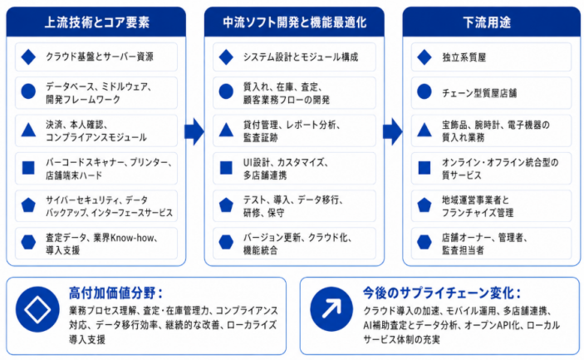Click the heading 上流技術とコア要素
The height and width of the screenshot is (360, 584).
(97, 22)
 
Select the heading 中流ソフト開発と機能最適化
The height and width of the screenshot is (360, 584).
(295, 22)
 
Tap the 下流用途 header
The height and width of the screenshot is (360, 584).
(487, 22)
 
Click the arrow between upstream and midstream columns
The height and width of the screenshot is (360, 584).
(194, 131)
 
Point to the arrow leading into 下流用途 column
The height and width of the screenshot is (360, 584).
(393, 131)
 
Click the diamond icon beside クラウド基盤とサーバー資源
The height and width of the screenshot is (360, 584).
(28, 57)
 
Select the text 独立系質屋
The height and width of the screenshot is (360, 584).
(464, 57)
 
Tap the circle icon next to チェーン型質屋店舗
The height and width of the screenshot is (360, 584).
(425, 91)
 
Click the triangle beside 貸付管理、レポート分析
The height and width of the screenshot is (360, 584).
(226, 130)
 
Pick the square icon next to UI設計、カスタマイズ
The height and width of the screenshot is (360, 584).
(226, 168)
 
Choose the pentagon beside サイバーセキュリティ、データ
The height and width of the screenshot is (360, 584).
(28, 205)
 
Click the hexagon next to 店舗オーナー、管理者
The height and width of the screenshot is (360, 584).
(425, 242)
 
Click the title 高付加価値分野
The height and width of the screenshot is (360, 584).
(115, 293)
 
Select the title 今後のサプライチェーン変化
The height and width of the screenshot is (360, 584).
(442, 293)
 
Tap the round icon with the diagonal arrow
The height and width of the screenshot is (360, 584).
(331, 309)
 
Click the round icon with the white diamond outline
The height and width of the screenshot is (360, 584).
(37, 309)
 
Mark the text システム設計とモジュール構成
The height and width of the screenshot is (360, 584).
(301, 57)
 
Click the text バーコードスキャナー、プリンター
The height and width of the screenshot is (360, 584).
(108, 162)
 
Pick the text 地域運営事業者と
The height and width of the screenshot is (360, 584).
(475, 200)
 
